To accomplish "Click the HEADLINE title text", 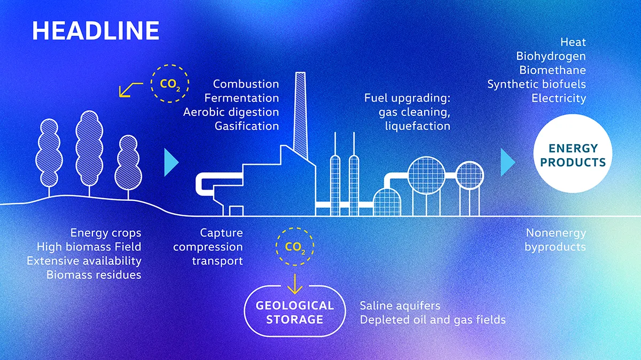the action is [x=96, y=30].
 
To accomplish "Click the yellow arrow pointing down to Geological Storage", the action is [x=295, y=284].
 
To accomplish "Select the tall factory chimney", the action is [x=300, y=115].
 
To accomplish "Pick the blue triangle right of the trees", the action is [x=171, y=162].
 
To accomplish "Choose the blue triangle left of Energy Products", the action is [x=507, y=162].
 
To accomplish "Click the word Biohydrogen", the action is [x=551, y=57].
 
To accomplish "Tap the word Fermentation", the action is [x=241, y=98].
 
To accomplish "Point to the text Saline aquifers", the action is [x=400, y=306].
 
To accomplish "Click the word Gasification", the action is [x=247, y=126].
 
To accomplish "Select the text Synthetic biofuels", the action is [x=536, y=84].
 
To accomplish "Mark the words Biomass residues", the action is [x=94, y=275].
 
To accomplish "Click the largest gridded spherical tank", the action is [x=426, y=175].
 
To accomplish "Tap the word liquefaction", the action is [x=418, y=126].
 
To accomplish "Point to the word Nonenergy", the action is [x=556, y=233].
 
